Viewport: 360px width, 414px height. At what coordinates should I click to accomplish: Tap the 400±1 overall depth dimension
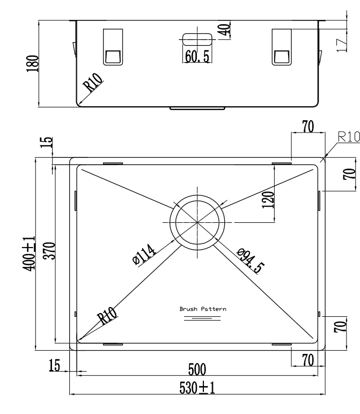pyautogui.click(x=32, y=253)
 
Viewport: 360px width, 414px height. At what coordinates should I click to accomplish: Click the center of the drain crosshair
pyautogui.click(x=197, y=221)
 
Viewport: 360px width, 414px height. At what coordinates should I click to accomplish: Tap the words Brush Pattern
pyautogui.click(x=202, y=309)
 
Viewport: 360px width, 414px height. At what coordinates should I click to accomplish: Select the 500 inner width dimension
pyautogui.click(x=199, y=369)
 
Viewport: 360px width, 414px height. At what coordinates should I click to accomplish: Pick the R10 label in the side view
pyautogui.click(x=92, y=85)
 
